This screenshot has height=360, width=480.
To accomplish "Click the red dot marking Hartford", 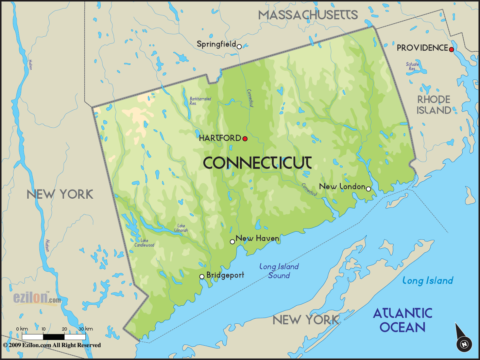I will [x=245, y=139].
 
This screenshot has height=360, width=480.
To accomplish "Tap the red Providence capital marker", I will [x=451, y=50].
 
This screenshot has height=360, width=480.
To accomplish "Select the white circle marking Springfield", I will [x=239, y=47].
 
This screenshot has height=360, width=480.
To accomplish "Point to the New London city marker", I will [x=368, y=188].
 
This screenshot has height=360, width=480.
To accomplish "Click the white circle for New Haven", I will [x=232, y=242].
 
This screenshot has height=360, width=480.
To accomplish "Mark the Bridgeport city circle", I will [x=202, y=276].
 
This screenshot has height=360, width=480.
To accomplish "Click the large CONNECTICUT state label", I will [x=257, y=163].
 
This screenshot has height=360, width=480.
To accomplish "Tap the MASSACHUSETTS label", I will [x=308, y=15].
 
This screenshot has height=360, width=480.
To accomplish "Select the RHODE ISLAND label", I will [x=434, y=105].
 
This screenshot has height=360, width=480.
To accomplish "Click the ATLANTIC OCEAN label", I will [x=402, y=320].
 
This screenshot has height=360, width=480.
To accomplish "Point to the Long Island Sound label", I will [x=279, y=271].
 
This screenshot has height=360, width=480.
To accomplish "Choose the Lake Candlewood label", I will [x=144, y=243].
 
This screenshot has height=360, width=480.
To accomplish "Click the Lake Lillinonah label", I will [x=181, y=228].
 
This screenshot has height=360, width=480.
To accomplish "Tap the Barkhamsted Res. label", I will [x=200, y=101].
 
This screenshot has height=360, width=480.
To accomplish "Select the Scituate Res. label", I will [x=412, y=66].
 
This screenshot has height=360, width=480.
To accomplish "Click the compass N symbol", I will [x=464, y=344].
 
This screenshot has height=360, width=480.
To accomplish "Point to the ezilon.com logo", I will [x=37, y=298].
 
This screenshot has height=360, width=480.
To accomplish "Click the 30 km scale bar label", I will [x=86, y=329].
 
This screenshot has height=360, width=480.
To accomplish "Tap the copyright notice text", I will [x=52, y=345].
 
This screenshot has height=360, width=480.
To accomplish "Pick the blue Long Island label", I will [x=428, y=281].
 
